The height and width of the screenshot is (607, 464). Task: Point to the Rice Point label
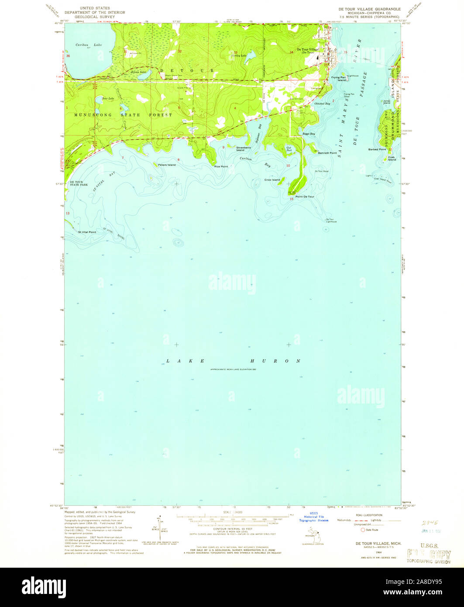coord(221,166)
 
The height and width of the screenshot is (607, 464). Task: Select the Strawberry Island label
coord(244,149)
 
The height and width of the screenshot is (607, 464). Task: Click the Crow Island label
coord(272,179)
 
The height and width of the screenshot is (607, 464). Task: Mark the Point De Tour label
coord(305,197)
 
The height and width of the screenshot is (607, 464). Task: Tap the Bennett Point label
coord(327,153)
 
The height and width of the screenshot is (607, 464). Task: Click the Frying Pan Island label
coord(338,79)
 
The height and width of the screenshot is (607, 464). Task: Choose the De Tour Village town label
coord(308,50)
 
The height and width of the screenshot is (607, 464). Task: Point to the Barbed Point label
coord(377,149)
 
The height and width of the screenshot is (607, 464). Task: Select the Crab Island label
coord(392,159)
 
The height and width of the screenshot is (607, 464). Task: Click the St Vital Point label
coord(87,232)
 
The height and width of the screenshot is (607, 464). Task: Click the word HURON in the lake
coord(275,361)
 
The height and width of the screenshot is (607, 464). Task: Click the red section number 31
coord(125,52)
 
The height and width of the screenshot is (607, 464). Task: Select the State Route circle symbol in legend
coord(362,530)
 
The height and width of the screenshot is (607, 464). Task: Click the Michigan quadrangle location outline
coord(311,535)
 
